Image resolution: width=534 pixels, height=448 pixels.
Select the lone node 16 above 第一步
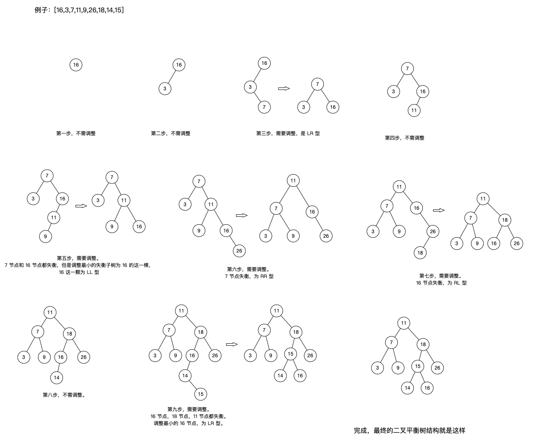pyautogui.click(x=76, y=64)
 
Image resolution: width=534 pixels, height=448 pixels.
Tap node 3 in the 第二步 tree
pyautogui.click(x=165, y=88)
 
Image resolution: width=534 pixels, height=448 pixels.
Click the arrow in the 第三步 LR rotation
pyautogui.click(x=284, y=88)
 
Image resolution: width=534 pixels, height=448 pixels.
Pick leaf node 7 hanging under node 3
pyautogui.click(x=264, y=107)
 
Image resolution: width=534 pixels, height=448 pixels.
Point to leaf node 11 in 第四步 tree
pyautogui.click(x=414, y=110)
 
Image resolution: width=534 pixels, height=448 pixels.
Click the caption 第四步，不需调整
pyautogui.click(x=404, y=138)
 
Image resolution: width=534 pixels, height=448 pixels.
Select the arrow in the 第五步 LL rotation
pyautogui.click(x=81, y=206)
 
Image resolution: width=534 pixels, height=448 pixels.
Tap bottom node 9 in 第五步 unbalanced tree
pyautogui.click(x=46, y=236)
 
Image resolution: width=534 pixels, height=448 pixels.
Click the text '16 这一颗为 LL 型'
pyautogui.click(x=79, y=272)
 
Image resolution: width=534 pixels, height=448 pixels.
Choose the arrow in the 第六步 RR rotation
pyautogui.click(x=242, y=215)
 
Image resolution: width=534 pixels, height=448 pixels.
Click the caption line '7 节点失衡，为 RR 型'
pyautogui.click(x=249, y=276)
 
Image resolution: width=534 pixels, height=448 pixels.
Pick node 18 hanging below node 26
pyautogui.click(x=420, y=253)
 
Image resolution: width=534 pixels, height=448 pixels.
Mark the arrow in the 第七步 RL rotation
pyautogui.click(x=439, y=210)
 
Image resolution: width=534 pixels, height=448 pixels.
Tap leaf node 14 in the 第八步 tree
pyautogui.click(x=57, y=377)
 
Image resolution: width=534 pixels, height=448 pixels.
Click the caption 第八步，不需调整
pyautogui.click(x=64, y=395)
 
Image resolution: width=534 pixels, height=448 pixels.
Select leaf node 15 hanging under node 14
pyautogui.click(x=200, y=394)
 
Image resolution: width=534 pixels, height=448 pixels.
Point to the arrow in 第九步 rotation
pyautogui.click(x=232, y=345)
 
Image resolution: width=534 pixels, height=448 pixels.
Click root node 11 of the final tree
pyautogui.click(x=404, y=323)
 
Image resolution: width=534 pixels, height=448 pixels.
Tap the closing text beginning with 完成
pyautogui.click(x=409, y=431)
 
